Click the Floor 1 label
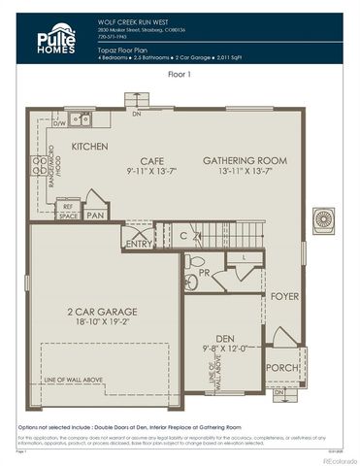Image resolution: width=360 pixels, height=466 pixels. [180, 73]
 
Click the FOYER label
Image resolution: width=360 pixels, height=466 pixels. [284, 296]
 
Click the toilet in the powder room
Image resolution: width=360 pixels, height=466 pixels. [194, 261]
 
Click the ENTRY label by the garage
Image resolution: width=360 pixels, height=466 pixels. [139, 244]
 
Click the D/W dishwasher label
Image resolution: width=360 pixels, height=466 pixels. [57, 124]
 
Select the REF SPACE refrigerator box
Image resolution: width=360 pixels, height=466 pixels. [67, 210]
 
